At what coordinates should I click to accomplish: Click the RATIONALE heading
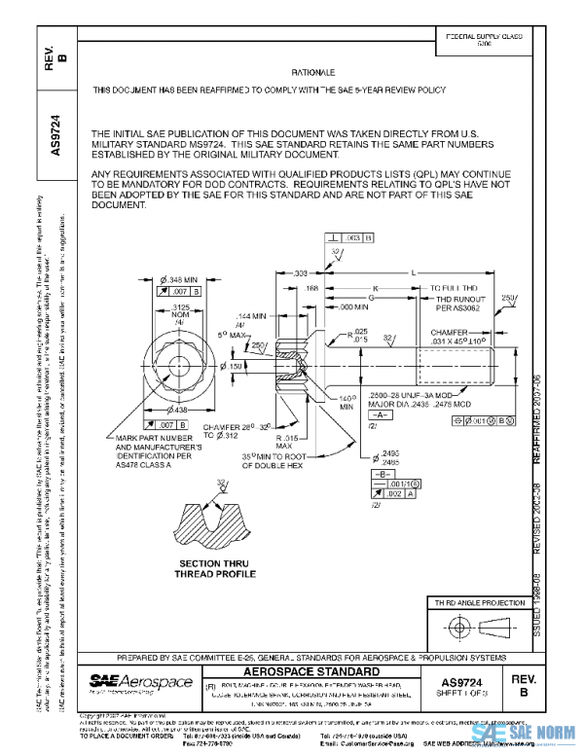point(313,73)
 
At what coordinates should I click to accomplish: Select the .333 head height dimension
point(302,273)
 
